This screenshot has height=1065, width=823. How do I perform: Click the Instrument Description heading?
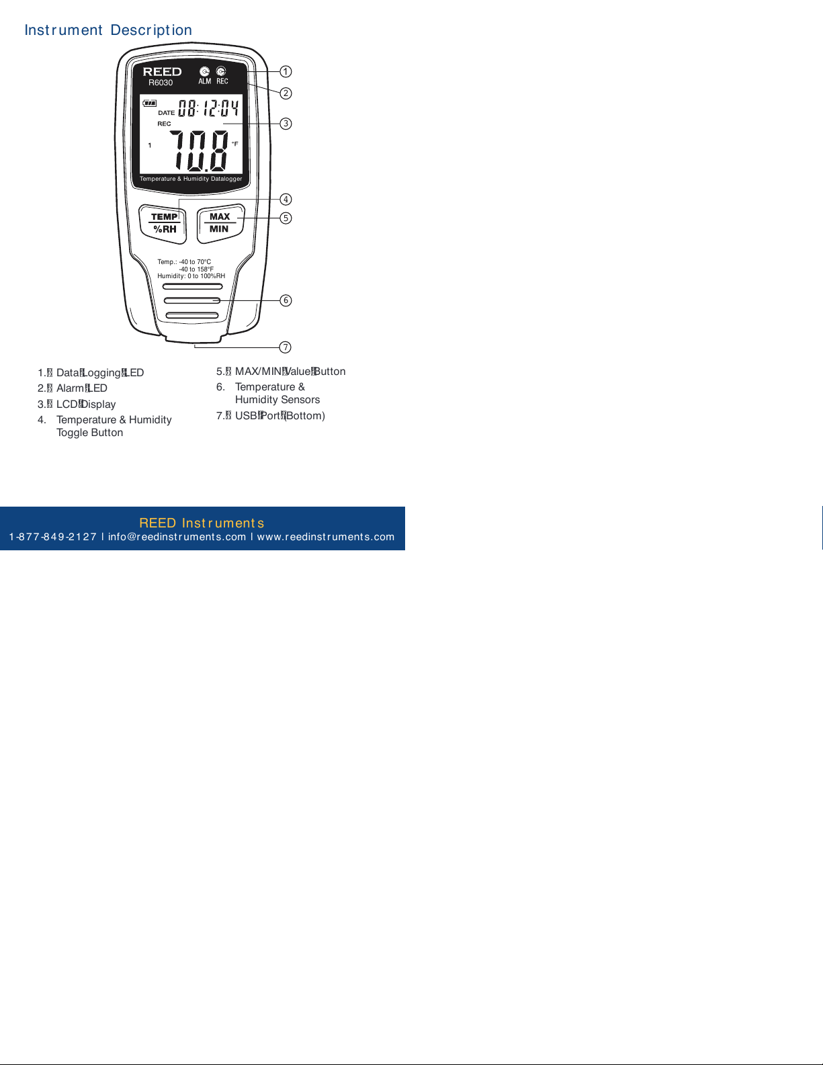tap(108, 30)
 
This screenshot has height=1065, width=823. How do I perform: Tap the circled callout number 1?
tap(286, 71)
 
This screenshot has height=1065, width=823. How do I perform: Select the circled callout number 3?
tap(286, 124)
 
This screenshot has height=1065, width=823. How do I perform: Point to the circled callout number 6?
tap(286, 300)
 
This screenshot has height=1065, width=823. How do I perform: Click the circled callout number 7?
tap(286, 347)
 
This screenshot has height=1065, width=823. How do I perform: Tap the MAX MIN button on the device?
tap(220, 223)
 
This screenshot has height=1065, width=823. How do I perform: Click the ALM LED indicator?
tap(205, 72)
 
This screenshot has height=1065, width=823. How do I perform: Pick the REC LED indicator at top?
tap(221, 71)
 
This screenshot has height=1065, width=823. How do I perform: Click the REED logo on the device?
tap(162, 71)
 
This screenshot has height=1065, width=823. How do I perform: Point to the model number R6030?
tap(161, 83)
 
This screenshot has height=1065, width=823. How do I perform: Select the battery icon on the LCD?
tap(150, 103)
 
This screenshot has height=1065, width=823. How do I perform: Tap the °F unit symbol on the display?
tap(235, 144)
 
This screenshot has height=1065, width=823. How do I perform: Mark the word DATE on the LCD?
tap(166, 113)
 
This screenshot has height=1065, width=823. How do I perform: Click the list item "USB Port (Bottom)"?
tap(279, 416)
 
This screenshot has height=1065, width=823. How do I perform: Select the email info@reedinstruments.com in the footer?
tap(177, 537)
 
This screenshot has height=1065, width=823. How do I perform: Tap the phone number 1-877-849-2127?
tap(53, 537)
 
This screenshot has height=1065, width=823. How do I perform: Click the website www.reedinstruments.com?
tap(326, 537)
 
